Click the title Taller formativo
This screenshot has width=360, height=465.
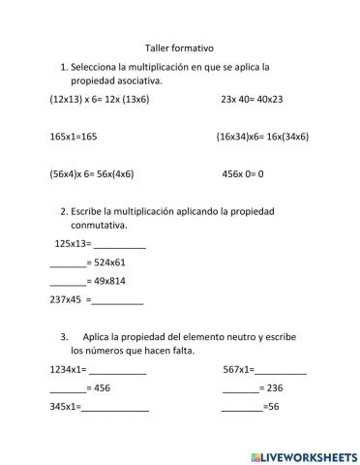179,46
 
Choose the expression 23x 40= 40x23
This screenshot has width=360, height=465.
252,99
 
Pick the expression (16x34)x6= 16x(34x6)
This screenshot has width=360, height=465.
262,137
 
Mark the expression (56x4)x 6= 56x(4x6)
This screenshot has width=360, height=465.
91,174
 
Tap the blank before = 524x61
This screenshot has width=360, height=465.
67,263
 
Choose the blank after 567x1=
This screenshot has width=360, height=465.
281,371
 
